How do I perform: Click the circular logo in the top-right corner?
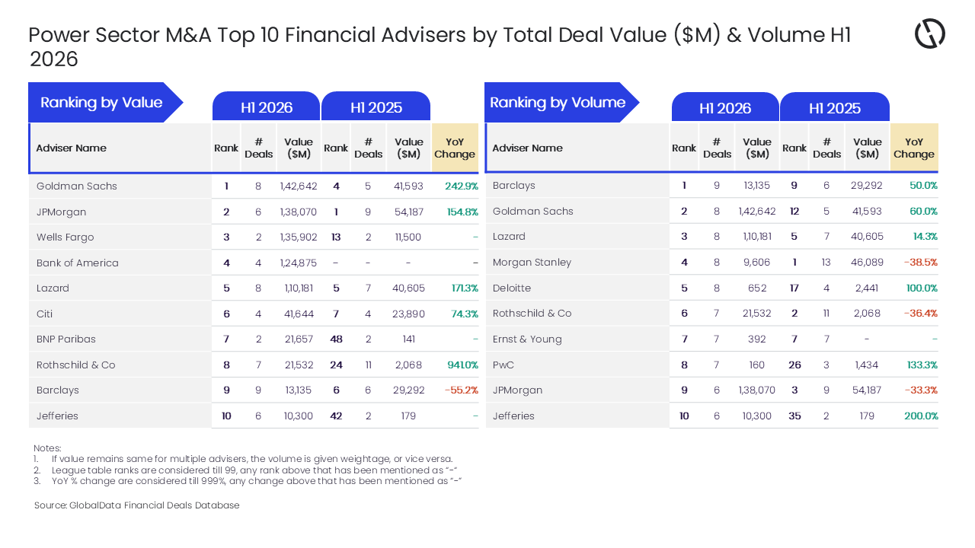(x=930, y=33)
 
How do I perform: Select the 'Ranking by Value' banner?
(x=105, y=102)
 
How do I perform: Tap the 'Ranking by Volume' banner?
(x=561, y=102)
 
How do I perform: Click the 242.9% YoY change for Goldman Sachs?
(x=462, y=186)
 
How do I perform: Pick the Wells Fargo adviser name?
(x=66, y=237)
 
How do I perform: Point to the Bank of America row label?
(x=78, y=263)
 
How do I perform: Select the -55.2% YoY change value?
(x=462, y=390)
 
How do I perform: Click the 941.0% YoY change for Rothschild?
(x=462, y=365)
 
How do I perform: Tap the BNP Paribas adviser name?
(x=66, y=339)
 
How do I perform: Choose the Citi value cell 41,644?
(x=299, y=314)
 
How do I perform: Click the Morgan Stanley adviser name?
(x=532, y=263)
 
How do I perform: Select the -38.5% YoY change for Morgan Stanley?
(x=921, y=263)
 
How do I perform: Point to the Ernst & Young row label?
(x=527, y=339)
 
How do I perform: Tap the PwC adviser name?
(x=503, y=365)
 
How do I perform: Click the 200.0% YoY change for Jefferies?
(x=921, y=416)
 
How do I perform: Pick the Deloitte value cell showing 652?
(x=757, y=288)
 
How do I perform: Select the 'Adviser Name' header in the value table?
(x=72, y=148)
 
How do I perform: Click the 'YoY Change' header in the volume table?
(x=914, y=148)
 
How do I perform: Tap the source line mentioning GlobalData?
(x=136, y=505)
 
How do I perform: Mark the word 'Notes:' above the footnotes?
(x=47, y=448)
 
